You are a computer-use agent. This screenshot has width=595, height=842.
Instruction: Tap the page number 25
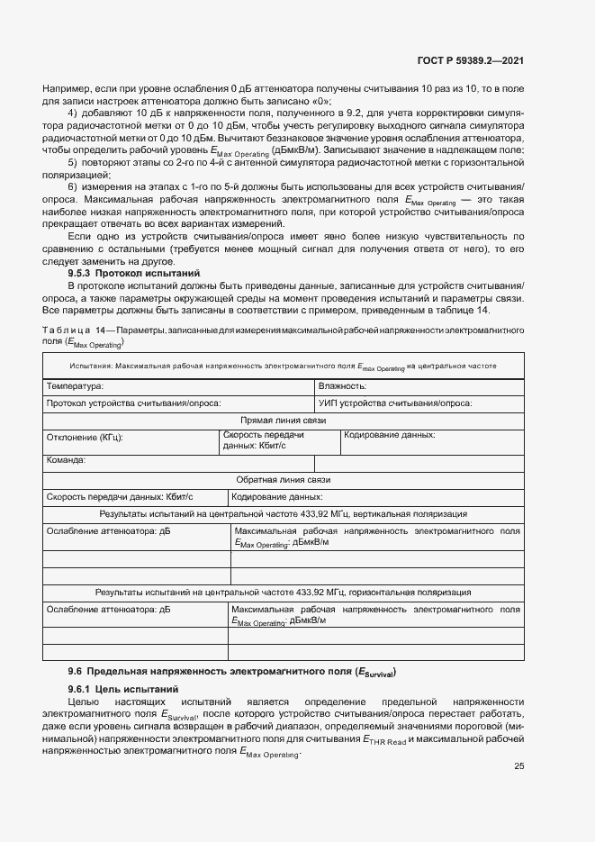coord(518,766)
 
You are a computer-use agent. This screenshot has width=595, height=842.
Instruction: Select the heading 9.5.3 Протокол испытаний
coord(134,272)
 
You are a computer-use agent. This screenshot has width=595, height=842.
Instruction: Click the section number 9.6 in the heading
coord(76,672)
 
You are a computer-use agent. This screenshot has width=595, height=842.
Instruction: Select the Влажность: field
coord(342,386)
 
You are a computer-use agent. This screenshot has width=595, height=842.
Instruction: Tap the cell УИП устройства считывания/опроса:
coord(395,403)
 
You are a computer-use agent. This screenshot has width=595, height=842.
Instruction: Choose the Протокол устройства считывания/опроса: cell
coord(133,403)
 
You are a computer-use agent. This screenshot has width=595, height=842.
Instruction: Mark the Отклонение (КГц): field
coord(85,437)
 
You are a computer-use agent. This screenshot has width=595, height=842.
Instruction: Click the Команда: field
coord(66,460)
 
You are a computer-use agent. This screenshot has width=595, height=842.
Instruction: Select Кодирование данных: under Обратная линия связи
coord(277,497)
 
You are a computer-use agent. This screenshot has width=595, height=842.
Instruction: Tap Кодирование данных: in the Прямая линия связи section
coord(390,435)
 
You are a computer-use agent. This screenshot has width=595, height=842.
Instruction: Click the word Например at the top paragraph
coord(64,91)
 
